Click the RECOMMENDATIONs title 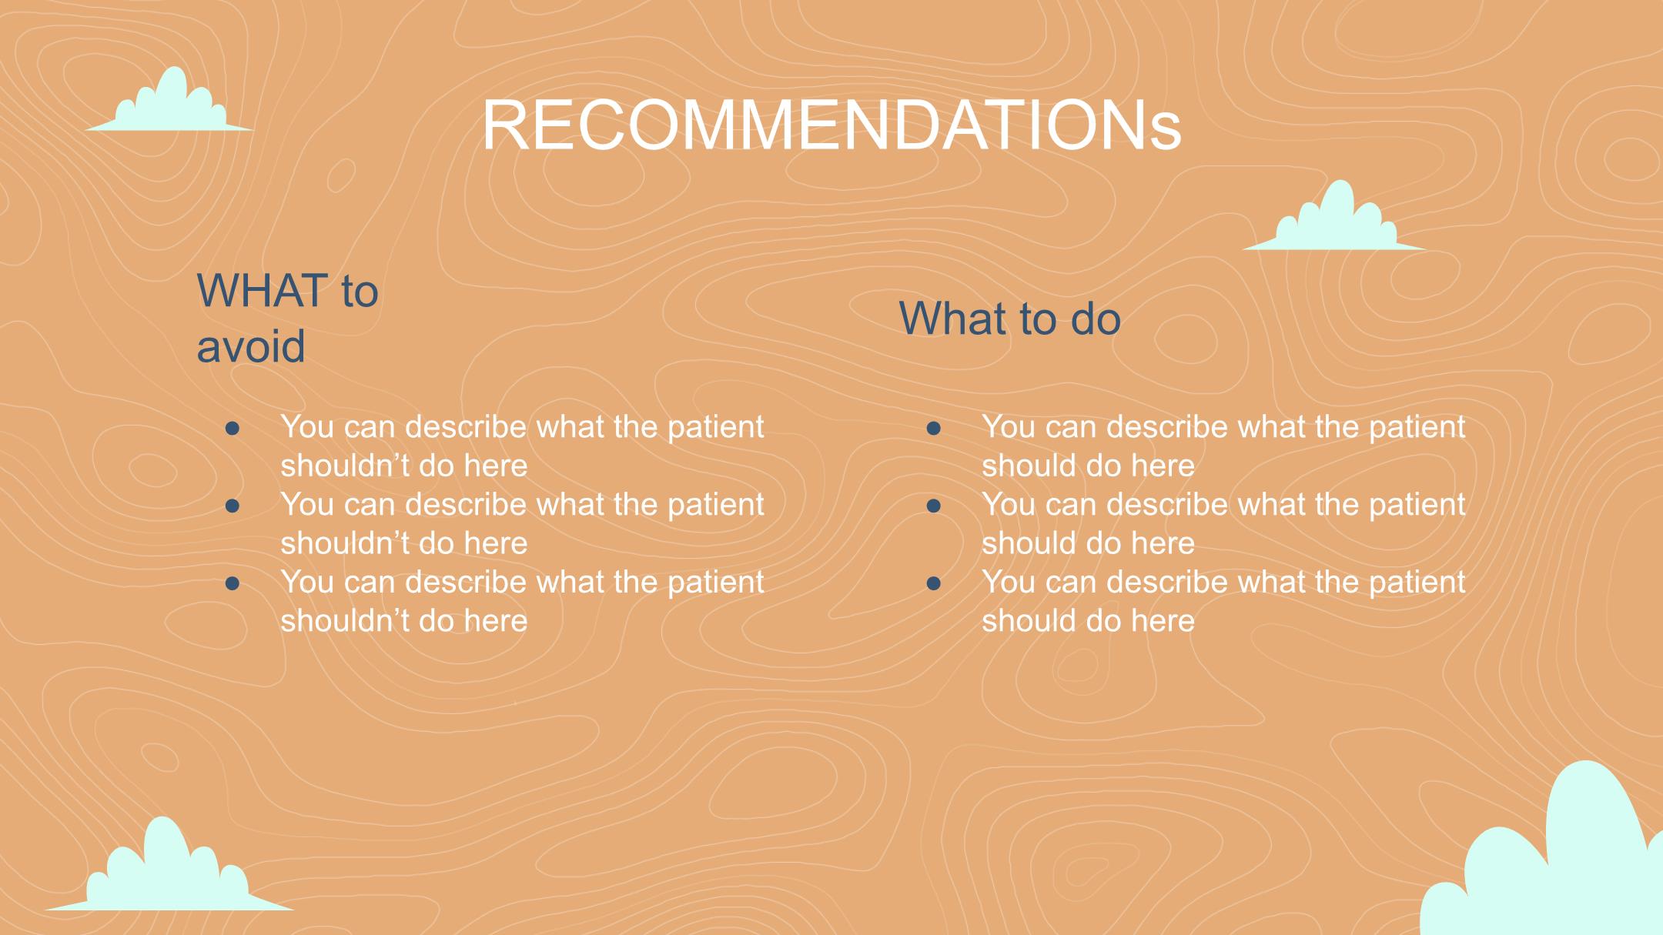831,125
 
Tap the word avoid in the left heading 251,346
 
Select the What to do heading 1009,319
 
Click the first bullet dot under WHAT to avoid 233,428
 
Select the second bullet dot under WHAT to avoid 233,506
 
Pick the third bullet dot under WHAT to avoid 233,583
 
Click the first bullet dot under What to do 934,428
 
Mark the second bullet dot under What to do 934,506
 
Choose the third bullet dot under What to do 934,583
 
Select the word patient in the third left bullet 715,583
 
